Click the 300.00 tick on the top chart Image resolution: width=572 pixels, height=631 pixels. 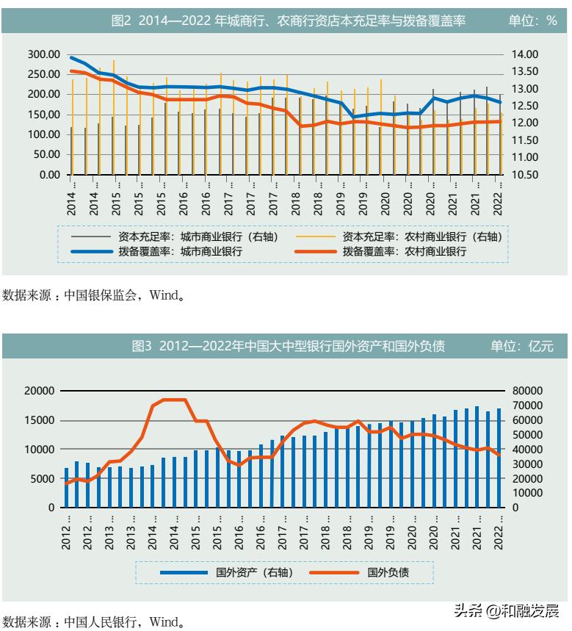[43, 54]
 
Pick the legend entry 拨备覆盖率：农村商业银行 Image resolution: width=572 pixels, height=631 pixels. [404, 251]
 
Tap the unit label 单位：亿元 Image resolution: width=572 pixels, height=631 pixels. [522, 345]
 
